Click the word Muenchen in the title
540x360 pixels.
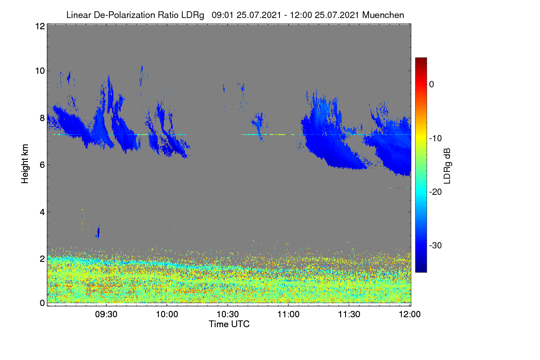click(x=383, y=15)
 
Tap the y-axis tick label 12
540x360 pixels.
click(x=40, y=26)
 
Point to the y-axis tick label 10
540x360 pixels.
click(x=40, y=71)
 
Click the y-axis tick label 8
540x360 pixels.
click(x=42, y=118)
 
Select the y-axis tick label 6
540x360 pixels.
click(x=42, y=165)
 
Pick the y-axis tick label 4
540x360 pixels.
click(x=42, y=212)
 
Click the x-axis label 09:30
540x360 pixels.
click(x=106, y=315)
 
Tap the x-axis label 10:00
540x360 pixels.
click(x=167, y=315)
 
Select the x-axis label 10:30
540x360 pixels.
click(x=228, y=315)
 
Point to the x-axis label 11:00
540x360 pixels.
click(x=288, y=315)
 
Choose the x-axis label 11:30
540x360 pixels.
click(x=349, y=315)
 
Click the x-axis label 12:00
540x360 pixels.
click(x=409, y=315)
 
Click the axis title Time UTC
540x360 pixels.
click(x=229, y=324)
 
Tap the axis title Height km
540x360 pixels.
click(x=25, y=164)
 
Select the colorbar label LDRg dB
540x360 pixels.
click(x=447, y=166)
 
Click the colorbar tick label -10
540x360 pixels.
click(x=436, y=139)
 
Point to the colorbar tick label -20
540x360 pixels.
click(x=436, y=192)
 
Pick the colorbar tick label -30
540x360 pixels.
click(x=436, y=245)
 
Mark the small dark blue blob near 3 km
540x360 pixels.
click(x=98, y=233)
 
